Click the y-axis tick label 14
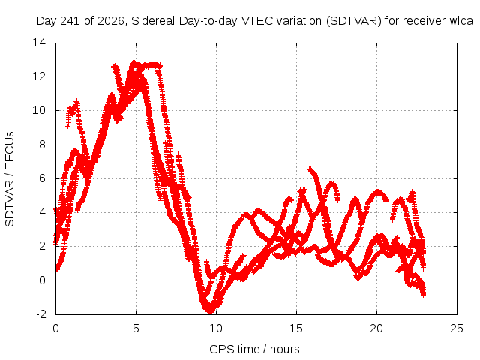click(39, 43)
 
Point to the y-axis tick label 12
click(39, 76)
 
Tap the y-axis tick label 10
click(39, 110)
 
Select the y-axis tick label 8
click(42, 145)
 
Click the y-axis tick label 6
click(42, 178)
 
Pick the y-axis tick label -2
click(40, 314)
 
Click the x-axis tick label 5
click(136, 328)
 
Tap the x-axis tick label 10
click(216, 328)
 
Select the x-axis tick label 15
click(296, 328)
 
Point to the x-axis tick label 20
click(376, 328)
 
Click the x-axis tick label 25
click(457, 328)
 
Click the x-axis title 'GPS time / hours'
click(254, 349)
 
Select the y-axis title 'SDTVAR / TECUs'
click(10, 179)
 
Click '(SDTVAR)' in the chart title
click(353, 21)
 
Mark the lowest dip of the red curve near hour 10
click(210, 312)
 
